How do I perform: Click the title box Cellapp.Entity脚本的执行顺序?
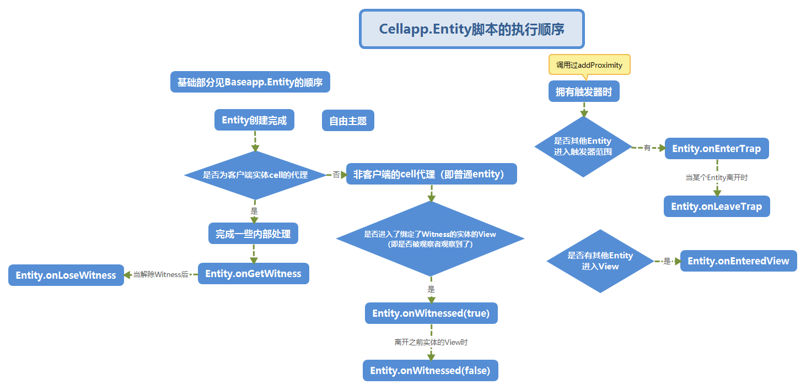(471, 29)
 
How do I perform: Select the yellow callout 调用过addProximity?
(589, 64)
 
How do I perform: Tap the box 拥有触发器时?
(584, 91)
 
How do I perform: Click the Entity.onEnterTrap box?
(716, 149)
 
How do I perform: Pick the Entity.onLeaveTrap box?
(716, 207)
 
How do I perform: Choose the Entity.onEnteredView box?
(738, 261)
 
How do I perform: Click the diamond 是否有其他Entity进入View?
(600, 261)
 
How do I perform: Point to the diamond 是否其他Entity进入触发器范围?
(583, 147)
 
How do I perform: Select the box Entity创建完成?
(254, 120)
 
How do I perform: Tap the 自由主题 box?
(348, 121)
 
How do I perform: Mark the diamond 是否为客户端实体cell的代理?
(255, 175)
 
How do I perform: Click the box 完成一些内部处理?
(254, 234)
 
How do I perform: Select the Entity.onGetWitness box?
(253, 274)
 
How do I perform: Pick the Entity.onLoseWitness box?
(66, 275)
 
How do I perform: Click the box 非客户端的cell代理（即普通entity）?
(431, 174)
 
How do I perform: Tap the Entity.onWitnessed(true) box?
(431, 313)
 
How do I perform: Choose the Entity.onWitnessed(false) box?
(430, 370)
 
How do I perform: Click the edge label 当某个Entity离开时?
(716, 178)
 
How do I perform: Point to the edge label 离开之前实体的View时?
(431, 342)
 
